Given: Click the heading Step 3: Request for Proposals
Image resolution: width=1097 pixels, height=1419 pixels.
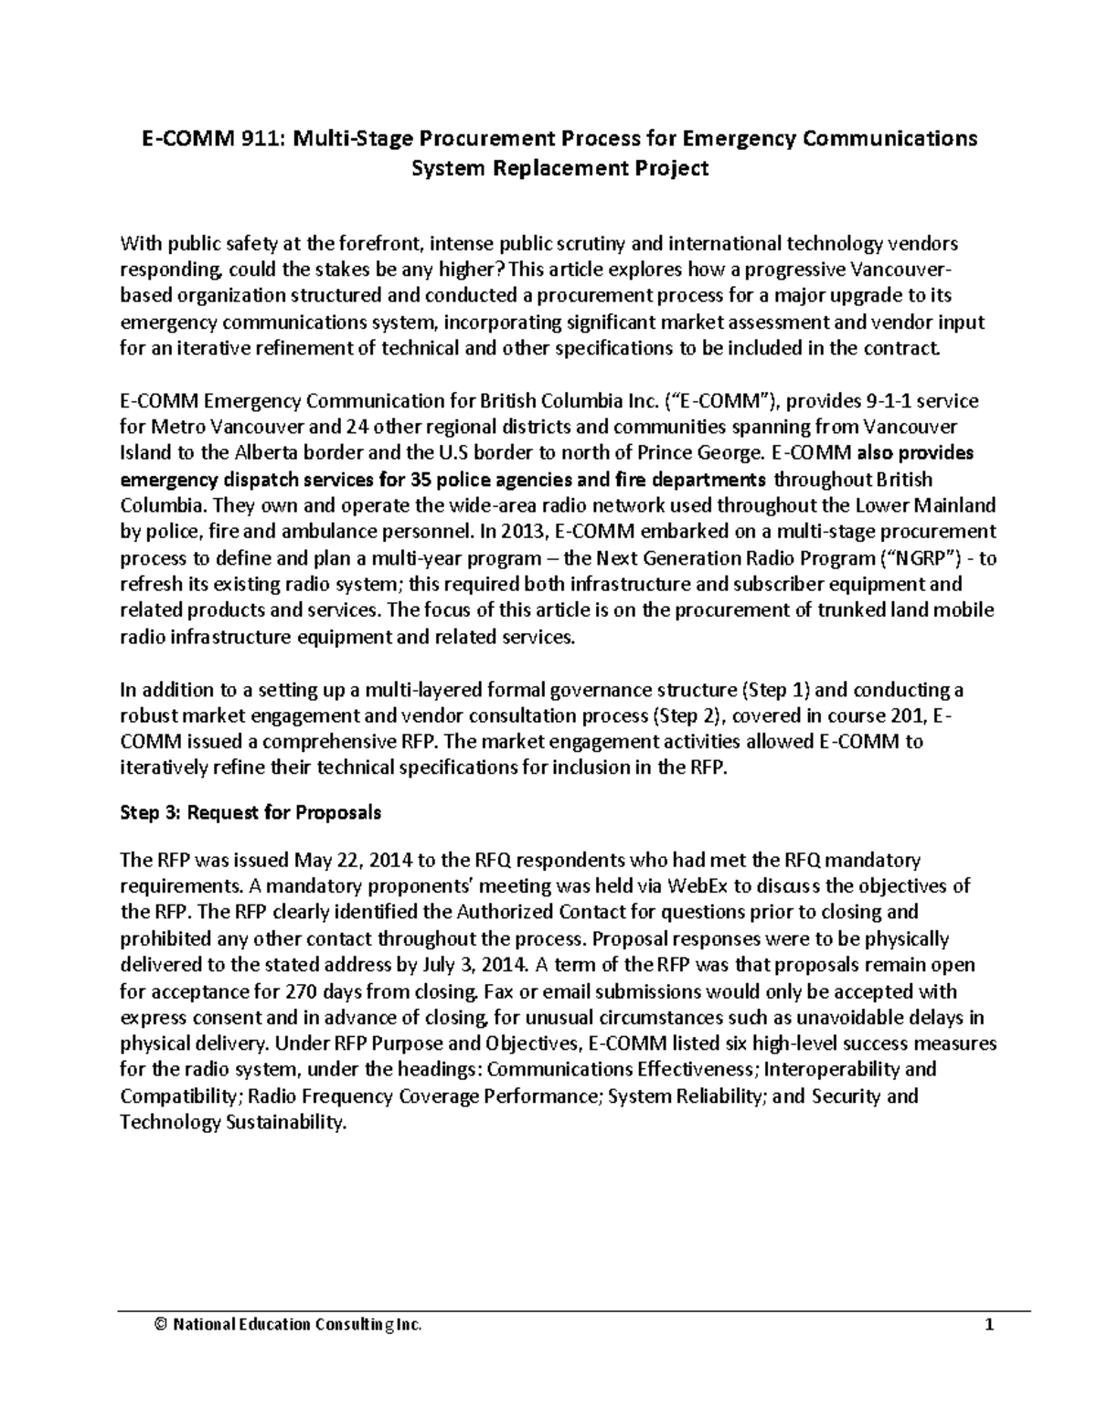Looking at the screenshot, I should (250, 812).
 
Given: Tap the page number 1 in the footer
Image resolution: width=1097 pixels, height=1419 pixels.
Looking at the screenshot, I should (989, 1326).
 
